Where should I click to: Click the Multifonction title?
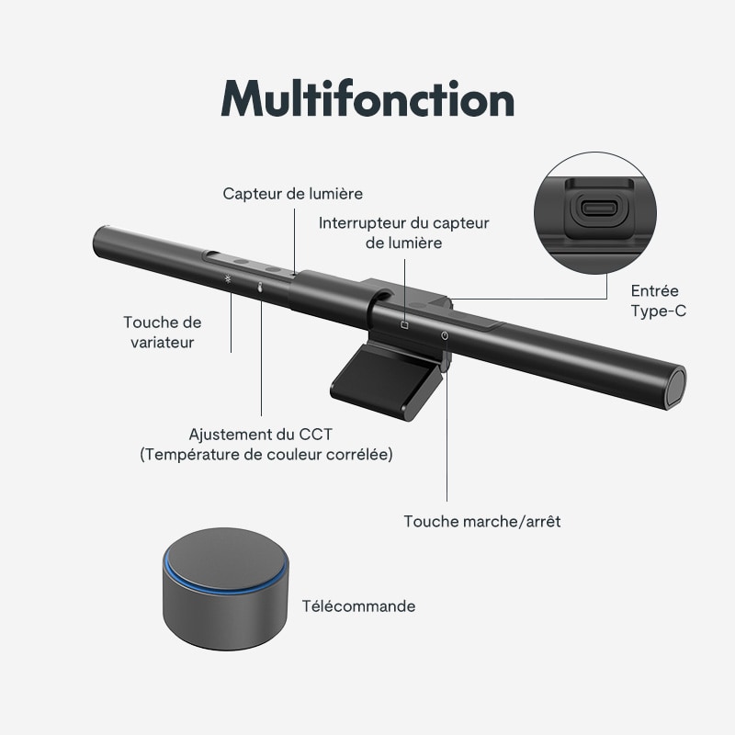pyautogui.click(x=367, y=98)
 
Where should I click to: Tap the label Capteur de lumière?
pyautogui.click(x=292, y=194)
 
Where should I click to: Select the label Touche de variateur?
pyautogui.click(x=163, y=332)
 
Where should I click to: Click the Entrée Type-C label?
pyautogui.click(x=658, y=300)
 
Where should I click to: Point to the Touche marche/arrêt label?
pyautogui.click(x=481, y=521)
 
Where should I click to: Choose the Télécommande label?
pyautogui.click(x=358, y=606)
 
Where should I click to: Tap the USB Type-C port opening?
pyautogui.click(x=596, y=209)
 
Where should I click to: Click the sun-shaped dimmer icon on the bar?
pyautogui.click(x=228, y=279)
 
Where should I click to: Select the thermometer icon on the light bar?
pyautogui.click(x=260, y=287)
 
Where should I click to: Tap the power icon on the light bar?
pyautogui.click(x=445, y=335)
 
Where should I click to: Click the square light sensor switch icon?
pyautogui.click(x=404, y=324)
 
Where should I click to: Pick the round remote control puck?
pyautogui.click(x=225, y=588)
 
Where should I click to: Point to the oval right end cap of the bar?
pyautogui.click(x=675, y=386)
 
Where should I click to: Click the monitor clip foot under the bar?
pyautogui.click(x=385, y=380)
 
